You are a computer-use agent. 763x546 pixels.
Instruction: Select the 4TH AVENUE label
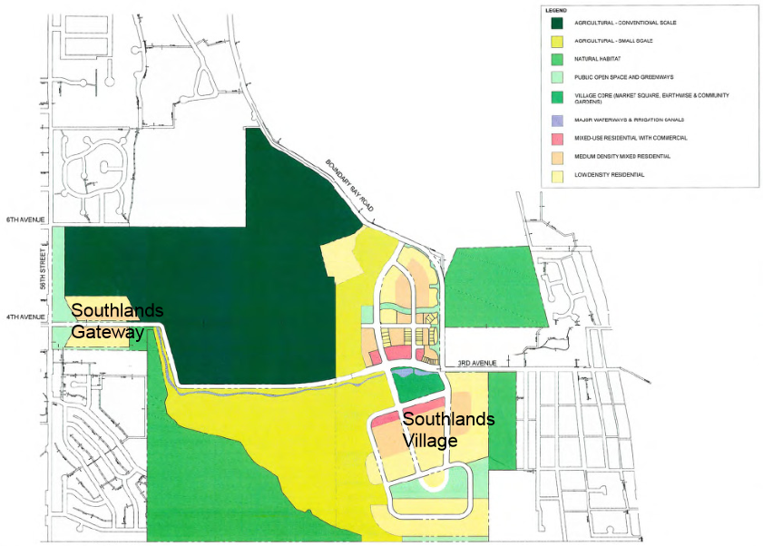[24, 317]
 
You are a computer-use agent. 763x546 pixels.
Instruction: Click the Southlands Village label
[448, 427]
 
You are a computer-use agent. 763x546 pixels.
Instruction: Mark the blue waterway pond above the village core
[414, 373]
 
